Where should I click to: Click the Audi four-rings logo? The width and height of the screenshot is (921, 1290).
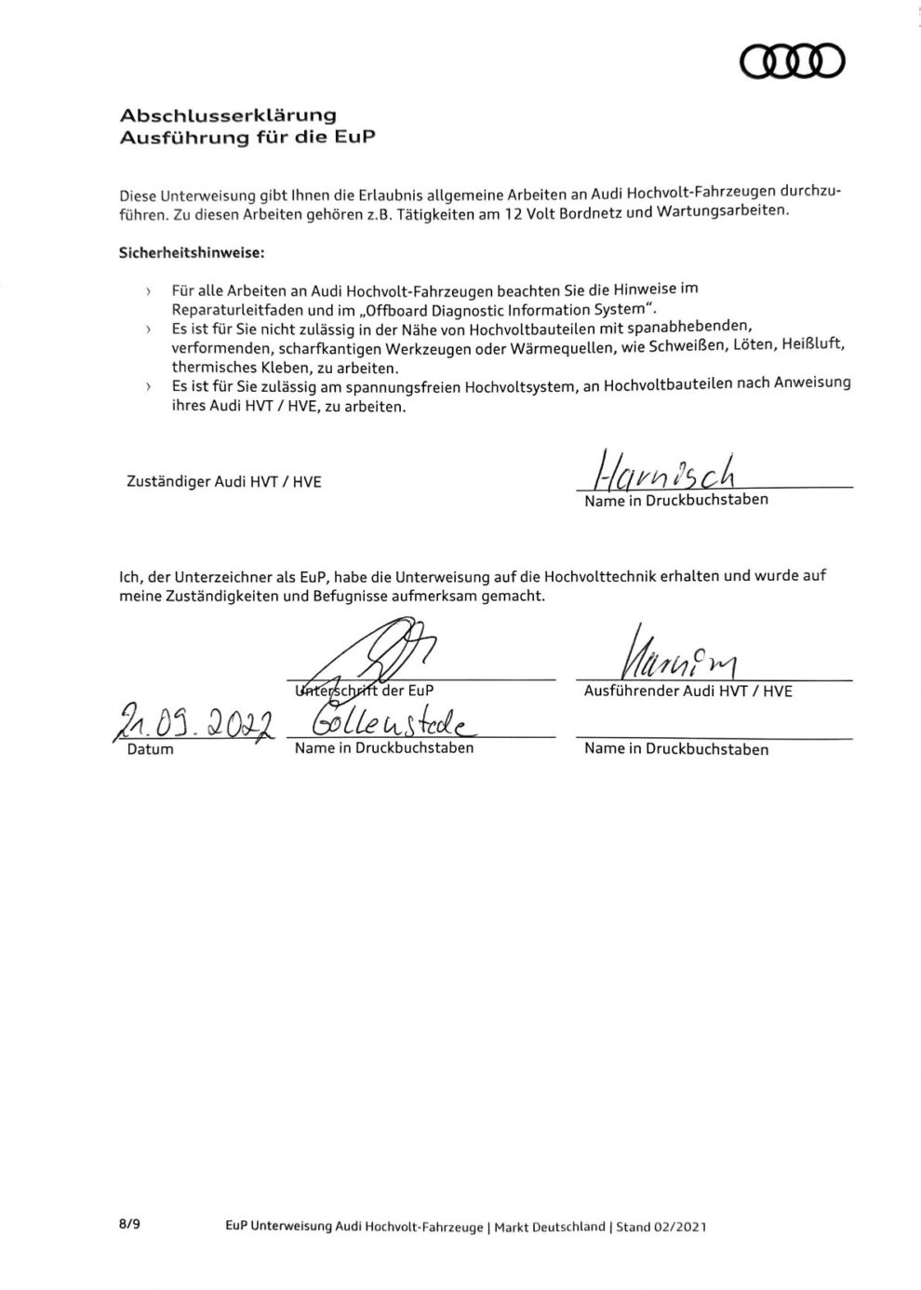pyautogui.click(x=792, y=61)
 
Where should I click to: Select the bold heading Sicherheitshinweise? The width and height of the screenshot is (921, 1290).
pyautogui.click(x=192, y=252)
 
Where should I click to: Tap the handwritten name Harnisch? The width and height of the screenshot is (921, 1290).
pyautogui.click(x=661, y=472)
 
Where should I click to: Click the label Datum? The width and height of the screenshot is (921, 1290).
pyautogui.click(x=150, y=749)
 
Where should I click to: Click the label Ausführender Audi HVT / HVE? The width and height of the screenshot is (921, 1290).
pyautogui.click(x=687, y=692)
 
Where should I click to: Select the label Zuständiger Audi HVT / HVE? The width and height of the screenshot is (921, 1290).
pyautogui.click(x=223, y=482)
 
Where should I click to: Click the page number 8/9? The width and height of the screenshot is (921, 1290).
pyautogui.click(x=129, y=1225)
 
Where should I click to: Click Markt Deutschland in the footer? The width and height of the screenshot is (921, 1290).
pyautogui.click(x=549, y=1227)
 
